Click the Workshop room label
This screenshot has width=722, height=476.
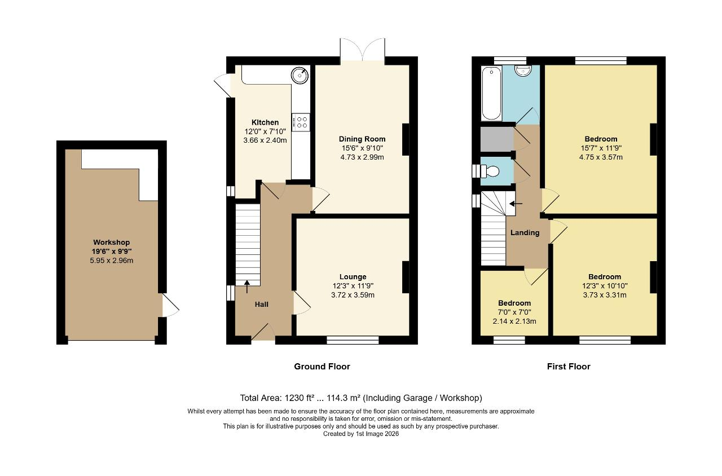point(111,243)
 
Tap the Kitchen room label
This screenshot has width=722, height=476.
point(265,122)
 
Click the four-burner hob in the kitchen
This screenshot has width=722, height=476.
point(301,122)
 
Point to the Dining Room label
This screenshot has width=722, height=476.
point(362,139)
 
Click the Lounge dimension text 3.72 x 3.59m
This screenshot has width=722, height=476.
point(353,295)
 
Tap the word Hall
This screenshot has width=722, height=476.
point(262,305)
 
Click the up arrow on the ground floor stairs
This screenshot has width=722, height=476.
point(246,287)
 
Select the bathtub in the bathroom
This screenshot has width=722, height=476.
point(491,93)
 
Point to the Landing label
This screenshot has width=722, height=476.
point(525,233)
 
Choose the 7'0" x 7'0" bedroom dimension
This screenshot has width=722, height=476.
point(514,312)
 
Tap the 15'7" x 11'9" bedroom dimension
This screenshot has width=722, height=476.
point(601,148)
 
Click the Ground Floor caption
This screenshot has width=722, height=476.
point(322,367)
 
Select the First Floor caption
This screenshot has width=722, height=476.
point(569,367)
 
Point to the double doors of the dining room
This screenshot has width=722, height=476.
point(362,50)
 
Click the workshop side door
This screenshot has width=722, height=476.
point(169,305)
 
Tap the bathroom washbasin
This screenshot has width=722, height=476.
point(525,70)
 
